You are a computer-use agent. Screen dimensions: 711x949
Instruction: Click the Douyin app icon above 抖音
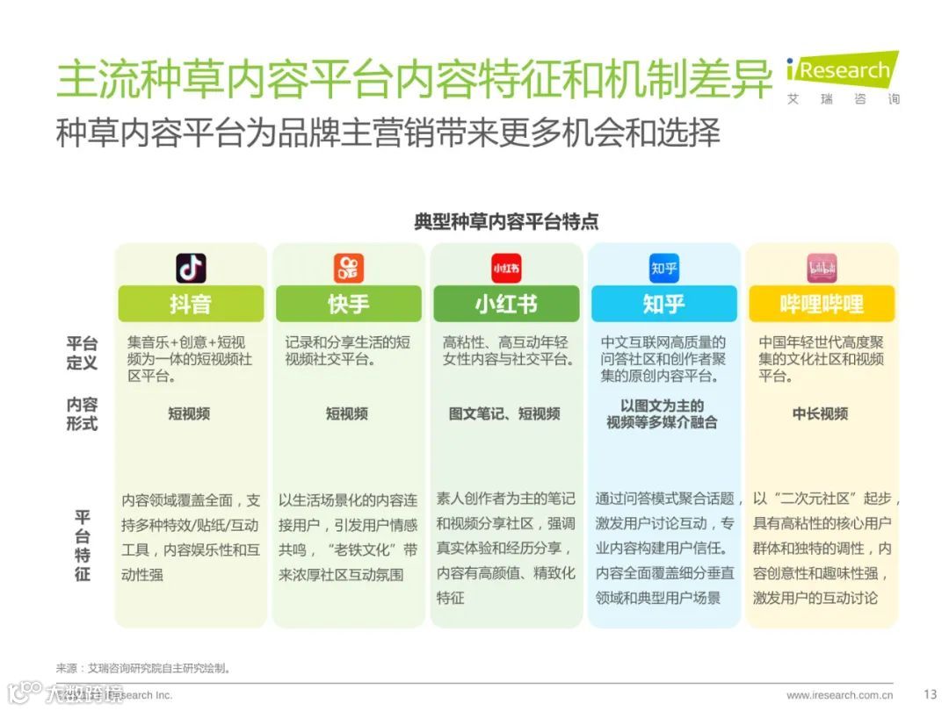point(191,268)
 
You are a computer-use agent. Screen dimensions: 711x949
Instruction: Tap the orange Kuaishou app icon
point(348,268)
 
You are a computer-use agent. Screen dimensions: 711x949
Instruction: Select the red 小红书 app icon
point(506,268)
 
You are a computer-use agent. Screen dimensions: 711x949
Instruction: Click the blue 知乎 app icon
point(663,268)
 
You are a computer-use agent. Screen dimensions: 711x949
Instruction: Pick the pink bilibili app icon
point(822,268)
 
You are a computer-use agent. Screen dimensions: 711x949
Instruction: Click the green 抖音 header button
point(191,304)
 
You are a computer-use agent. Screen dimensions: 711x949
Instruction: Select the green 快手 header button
point(348,304)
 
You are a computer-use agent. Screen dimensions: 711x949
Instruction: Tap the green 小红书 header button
point(506,304)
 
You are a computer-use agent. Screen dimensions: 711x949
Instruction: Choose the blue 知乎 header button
point(663,304)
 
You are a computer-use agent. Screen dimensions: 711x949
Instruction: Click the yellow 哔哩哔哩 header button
point(822,304)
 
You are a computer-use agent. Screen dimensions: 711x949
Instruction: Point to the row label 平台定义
point(82,352)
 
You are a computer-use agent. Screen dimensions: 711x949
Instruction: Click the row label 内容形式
point(82,413)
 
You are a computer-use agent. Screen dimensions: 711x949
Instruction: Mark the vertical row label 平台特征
point(82,545)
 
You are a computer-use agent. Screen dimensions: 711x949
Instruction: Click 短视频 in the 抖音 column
point(189,413)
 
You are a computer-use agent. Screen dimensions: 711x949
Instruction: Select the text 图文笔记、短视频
point(504,413)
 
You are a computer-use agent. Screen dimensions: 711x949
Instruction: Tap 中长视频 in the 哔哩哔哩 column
point(820,413)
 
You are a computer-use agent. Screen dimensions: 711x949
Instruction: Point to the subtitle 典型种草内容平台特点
point(506,221)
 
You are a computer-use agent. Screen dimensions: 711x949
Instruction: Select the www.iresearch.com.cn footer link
point(840,695)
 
